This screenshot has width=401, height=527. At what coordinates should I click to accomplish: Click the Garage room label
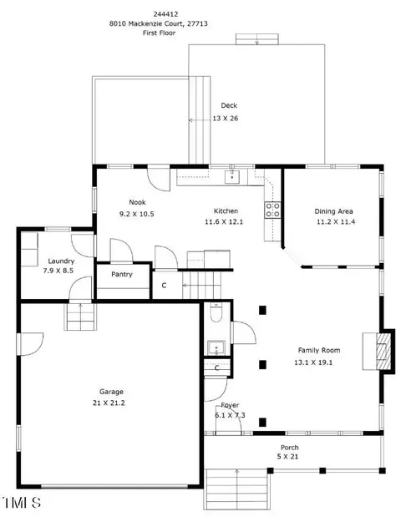[111, 392]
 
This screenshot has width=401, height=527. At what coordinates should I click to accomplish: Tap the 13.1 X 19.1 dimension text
[313, 362]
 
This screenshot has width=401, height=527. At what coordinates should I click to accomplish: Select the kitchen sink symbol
[231, 176]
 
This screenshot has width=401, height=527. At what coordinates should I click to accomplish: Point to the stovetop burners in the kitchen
[272, 210]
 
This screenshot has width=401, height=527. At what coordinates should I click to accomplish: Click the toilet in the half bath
[216, 312]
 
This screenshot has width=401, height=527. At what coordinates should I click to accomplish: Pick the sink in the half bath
[216, 348]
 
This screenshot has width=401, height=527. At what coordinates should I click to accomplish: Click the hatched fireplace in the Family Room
[383, 352]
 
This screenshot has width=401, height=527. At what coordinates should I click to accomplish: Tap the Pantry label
[122, 274]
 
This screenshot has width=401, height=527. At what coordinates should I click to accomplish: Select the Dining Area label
[333, 211]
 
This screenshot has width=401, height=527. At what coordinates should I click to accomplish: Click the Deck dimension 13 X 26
[226, 119]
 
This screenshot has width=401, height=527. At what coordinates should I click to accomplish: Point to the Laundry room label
[61, 261]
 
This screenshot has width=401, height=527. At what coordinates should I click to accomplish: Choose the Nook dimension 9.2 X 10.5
[136, 214]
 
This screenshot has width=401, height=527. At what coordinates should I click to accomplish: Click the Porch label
[289, 448]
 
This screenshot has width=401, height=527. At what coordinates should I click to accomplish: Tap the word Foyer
[230, 405]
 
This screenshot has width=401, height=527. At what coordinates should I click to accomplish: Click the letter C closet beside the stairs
[164, 286]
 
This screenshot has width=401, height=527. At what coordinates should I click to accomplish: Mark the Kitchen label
[226, 210]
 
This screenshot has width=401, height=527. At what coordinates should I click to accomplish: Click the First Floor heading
[159, 33]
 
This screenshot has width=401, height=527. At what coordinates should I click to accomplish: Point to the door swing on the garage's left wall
[32, 344]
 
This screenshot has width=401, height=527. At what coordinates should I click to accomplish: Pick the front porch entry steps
[237, 489]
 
